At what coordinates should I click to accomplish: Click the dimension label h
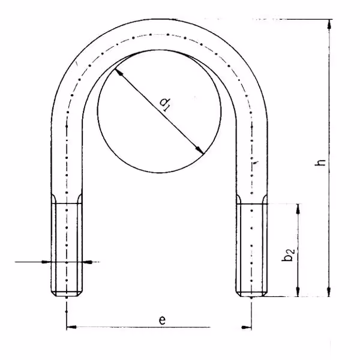[320, 163]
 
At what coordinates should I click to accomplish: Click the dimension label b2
[288, 254]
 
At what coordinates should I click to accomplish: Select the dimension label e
[162, 320]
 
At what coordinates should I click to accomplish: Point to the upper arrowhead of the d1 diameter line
[118, 73]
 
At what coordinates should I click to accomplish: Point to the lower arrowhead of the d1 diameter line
[199, 149]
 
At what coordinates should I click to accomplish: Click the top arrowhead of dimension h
[329, 24]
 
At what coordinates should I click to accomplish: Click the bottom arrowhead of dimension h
[329, 292]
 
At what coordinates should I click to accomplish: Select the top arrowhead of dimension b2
[298, 208]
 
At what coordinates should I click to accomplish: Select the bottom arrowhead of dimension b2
[298, 292]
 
